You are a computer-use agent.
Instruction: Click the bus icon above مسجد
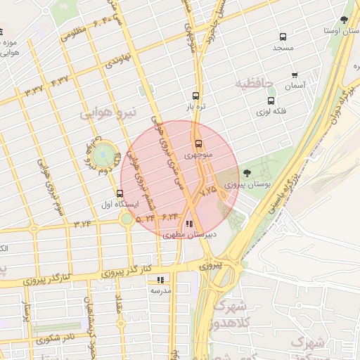click(x=283, y=37)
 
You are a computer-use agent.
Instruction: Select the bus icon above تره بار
click(x=195, y=96)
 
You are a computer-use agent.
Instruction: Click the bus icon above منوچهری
click(x=198, y=143)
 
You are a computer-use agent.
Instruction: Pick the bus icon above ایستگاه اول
click(x=120, y=194)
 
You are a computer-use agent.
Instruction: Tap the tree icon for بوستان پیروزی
click(x=246, y=173)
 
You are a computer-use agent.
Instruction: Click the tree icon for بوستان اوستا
click(x=344, y=20)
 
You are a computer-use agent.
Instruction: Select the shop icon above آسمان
click(x=295, y=75)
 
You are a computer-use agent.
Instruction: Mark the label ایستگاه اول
click(x=120, y=205)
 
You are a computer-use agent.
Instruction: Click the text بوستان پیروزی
click(x=243, y=184)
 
